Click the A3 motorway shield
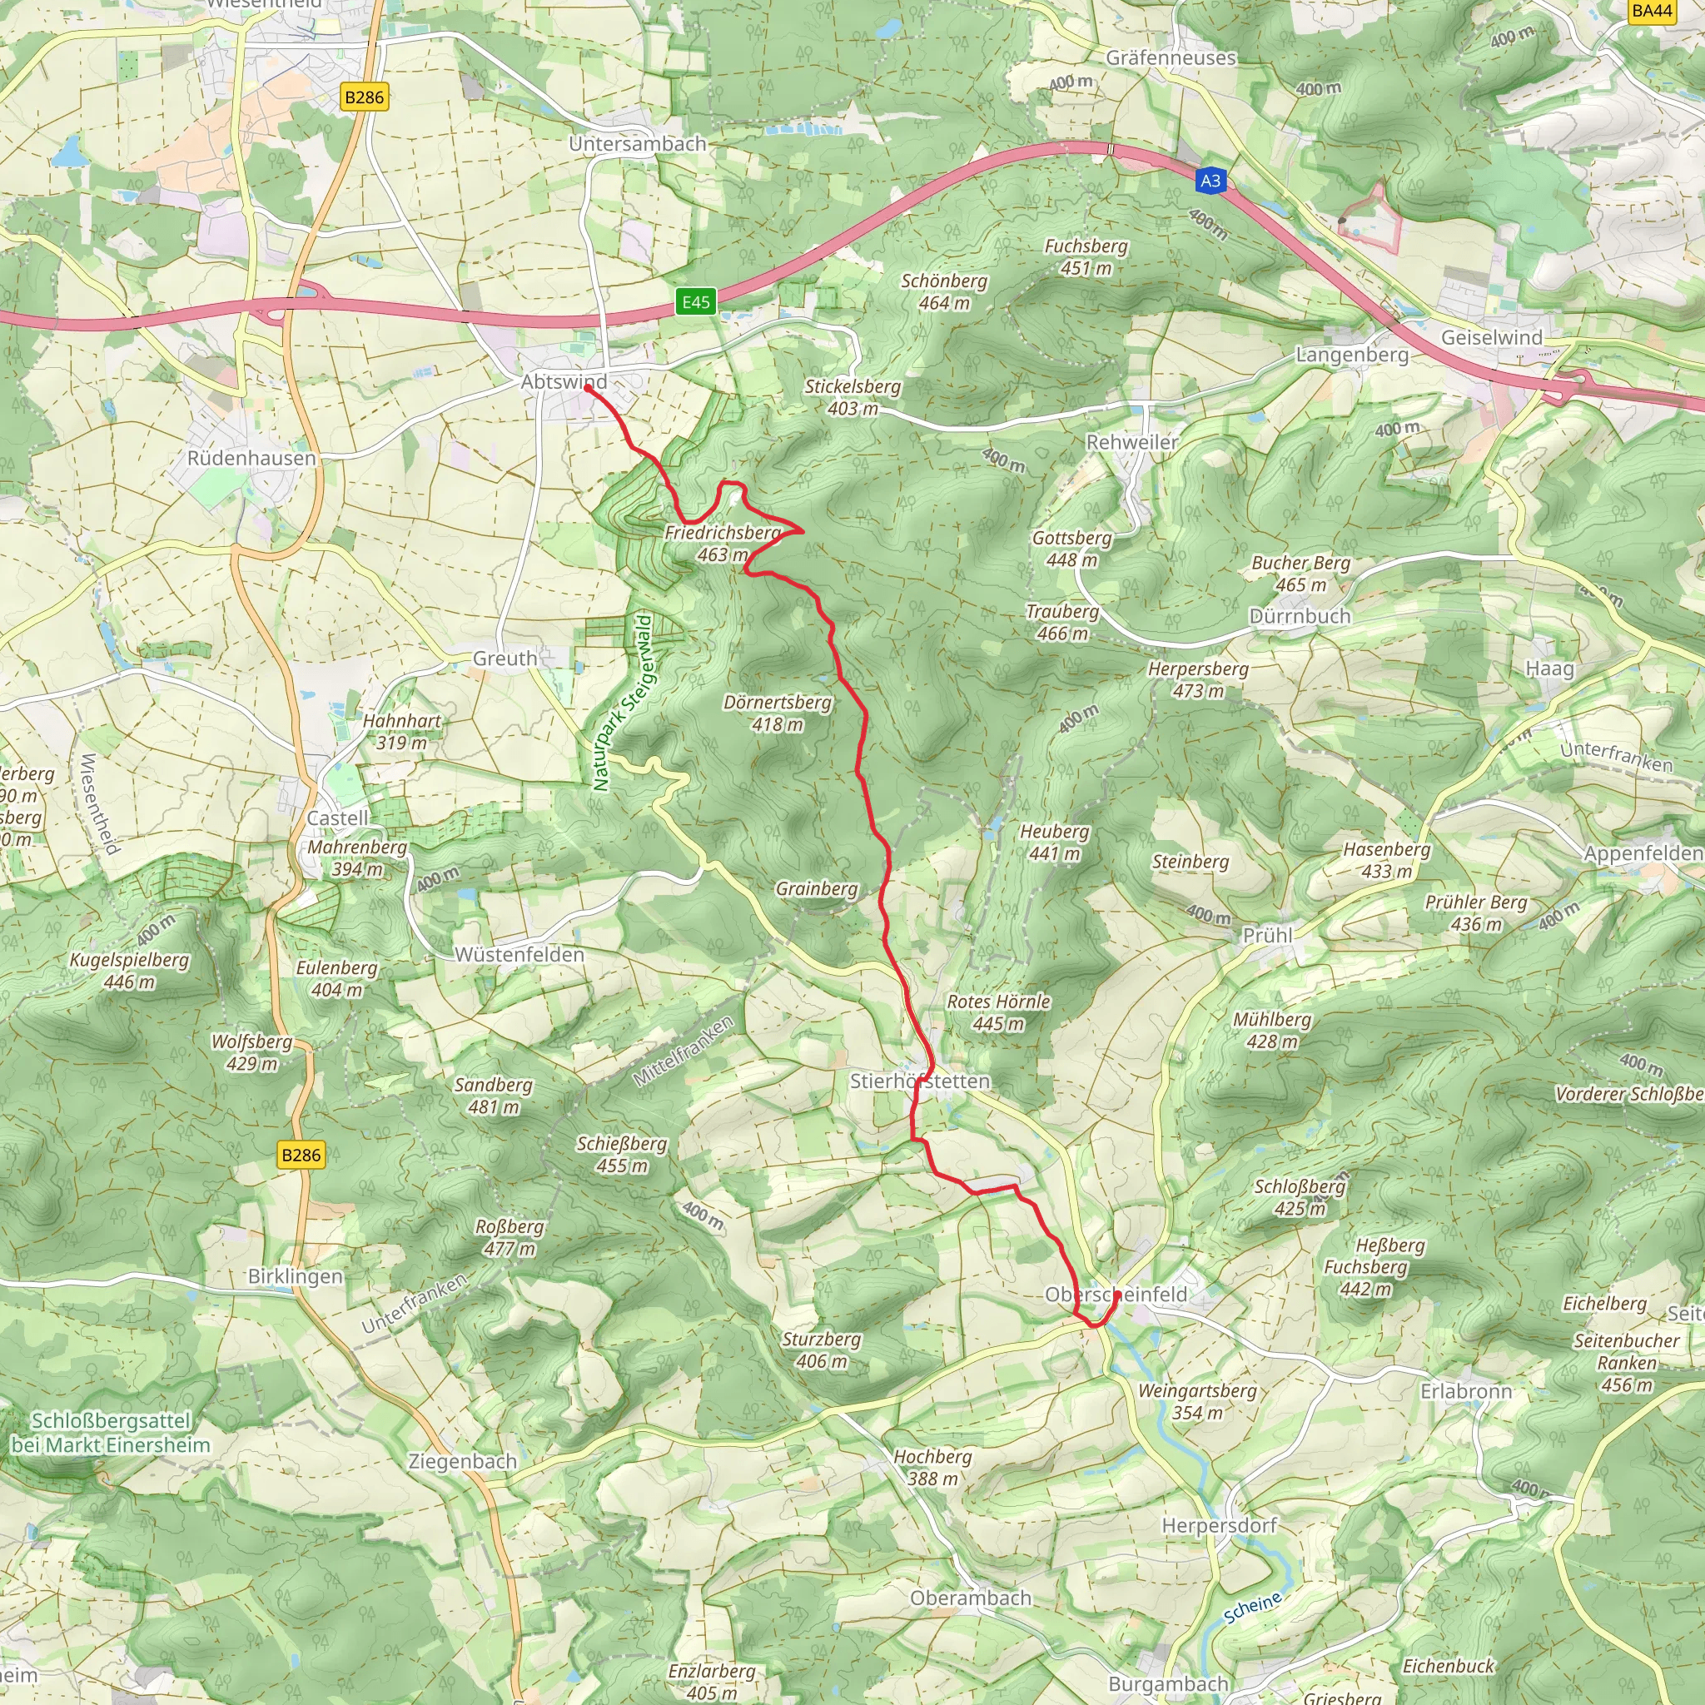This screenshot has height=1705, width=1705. [x=1210, y=181]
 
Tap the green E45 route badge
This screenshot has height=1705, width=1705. [x=695, y=303]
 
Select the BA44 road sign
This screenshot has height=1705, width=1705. [x=1652, y=11]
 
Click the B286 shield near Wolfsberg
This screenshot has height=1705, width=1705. [x=301, y=1156]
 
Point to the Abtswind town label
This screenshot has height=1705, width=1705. [x=564, y=382]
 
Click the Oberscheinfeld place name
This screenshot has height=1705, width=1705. [x=1116, y=1295]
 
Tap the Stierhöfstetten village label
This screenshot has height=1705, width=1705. [x=920, y=1081]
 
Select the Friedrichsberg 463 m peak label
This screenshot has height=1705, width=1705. [x=722, y=544]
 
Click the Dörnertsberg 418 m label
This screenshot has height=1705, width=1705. [x=778, y=713]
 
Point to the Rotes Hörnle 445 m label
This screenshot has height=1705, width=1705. [x=998, y=1012]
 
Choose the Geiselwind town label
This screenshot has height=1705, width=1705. [x=1491, y=338]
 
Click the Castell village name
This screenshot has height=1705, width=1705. [x=337, y=818]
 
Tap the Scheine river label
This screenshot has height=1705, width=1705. [x=1252, y=1608]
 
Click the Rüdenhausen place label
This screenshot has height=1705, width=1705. [x=251, y=458]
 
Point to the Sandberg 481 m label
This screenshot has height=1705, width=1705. [x=494, y=1096]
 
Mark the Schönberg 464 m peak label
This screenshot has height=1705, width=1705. [x=943, y=291]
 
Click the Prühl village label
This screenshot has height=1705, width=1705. [x=1267, y=936]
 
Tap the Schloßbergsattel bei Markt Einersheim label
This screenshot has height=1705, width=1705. [x=112, y=1432]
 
